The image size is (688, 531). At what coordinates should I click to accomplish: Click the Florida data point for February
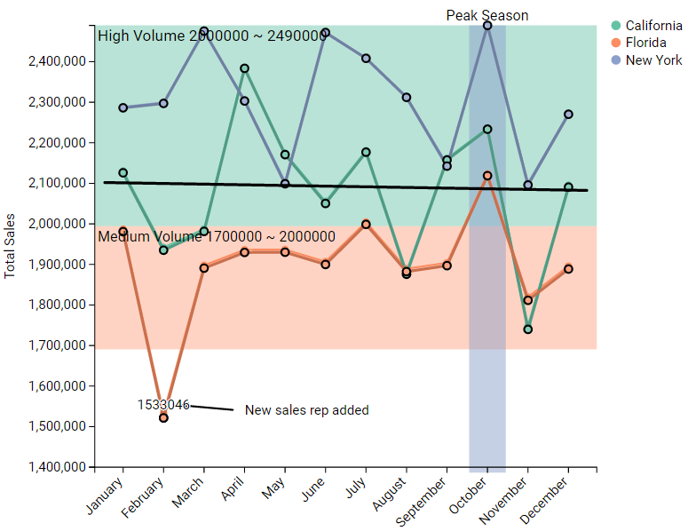163,417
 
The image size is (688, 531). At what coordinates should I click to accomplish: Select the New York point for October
487,26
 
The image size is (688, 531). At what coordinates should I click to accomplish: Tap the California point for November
528,329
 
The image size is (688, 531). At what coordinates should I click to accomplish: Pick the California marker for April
244,68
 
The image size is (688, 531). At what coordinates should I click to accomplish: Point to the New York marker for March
204,31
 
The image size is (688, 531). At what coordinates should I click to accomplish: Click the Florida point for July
366,225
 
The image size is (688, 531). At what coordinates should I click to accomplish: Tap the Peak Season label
486,15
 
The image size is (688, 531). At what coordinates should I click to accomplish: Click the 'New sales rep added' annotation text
306,410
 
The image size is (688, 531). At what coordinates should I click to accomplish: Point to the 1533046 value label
162,405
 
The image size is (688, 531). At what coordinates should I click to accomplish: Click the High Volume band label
212,36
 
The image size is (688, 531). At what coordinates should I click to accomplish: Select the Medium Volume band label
217,236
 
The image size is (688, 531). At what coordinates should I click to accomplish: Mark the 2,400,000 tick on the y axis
58,61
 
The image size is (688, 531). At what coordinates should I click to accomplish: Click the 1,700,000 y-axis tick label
58,345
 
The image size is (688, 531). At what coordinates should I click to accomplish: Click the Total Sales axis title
11,246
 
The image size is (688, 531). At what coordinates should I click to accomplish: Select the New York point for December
568,115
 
